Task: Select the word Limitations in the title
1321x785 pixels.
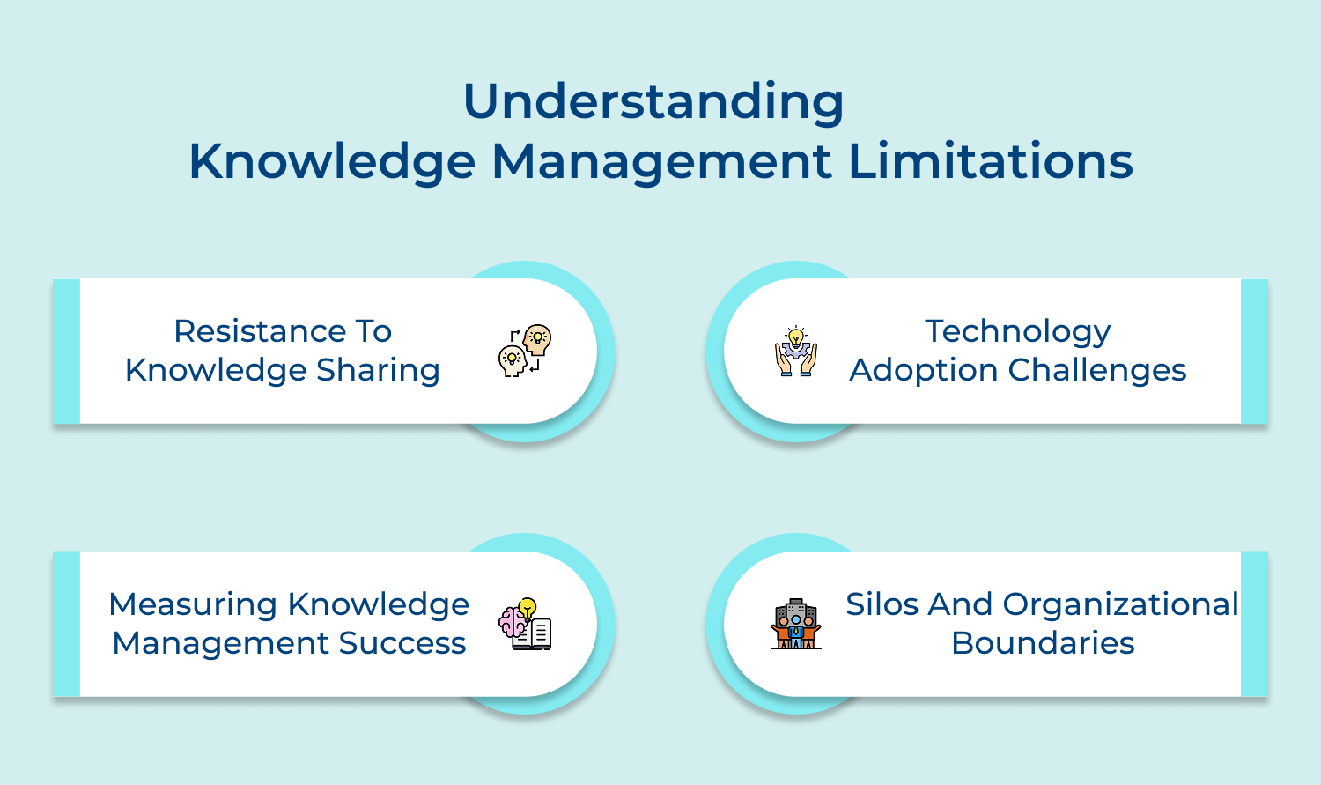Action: pyautogui.click(x=991, y=161)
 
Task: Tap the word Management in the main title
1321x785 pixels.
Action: pyautogui.click(x=661, y=161)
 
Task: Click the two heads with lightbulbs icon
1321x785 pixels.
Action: pyautogui.click(x=525, y=351)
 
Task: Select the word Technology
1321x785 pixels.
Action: pyautogui.click(x=1018, y=332)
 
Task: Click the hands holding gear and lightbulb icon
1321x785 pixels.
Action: pyautogui.click(x=796, y=352)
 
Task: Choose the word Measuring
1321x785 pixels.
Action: pyautogui.click(x=193, y=604)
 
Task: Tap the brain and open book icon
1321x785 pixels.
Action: pyautogui.click(x=525, y=625)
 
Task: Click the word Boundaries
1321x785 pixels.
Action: pyautogui.click(x=1043, y=643)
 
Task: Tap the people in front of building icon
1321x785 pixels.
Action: pyautogui.click(x=796, y=624)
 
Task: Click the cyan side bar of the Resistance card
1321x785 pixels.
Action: pyautogui.click(x=66, y=352)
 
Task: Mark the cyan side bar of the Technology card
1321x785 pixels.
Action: pyautogui.click(x=1254, y=352)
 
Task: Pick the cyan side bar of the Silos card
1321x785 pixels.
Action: pyautogui.click(x=1254, y=624)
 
